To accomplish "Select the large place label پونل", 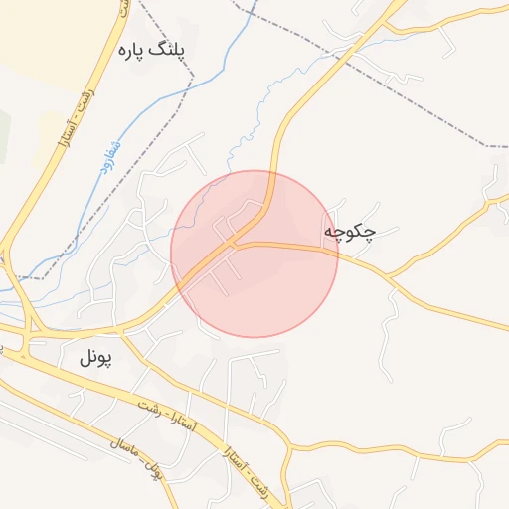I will pos(96,358).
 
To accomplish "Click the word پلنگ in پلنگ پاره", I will pos(170,50).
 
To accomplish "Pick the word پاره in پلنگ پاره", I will pos(133,50).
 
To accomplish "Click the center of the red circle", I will pos(254,254).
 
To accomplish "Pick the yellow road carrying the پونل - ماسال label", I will pos(109,430).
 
